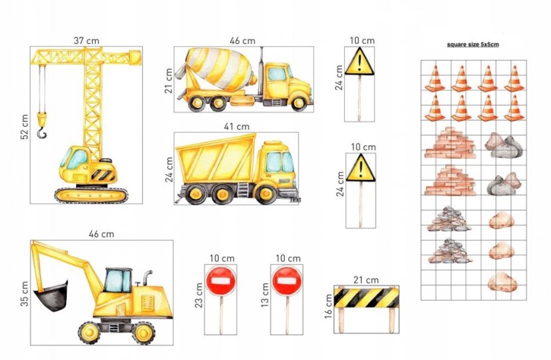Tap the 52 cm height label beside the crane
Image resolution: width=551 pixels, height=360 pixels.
[x=25, y=127]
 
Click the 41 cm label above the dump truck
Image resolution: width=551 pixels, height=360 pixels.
[x=237, y=126]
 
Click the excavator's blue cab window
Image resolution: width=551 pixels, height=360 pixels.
[x=118, y=281]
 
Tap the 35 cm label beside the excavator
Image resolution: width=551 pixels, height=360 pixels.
[x=24, y=293]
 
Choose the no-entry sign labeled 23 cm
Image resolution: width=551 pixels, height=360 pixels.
[x=221, y=281]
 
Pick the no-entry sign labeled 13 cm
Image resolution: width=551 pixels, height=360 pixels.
[x=286, y=281]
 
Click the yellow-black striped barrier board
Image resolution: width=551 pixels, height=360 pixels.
[x=366, y=298]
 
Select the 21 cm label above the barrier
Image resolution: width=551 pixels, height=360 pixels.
[x=366, y=280]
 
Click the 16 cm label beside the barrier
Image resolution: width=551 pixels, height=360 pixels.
[x=328, y=306]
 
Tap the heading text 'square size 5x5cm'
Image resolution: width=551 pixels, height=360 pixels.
[x=473, y=45]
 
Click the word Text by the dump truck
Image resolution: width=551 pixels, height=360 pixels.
[x=295, y=199]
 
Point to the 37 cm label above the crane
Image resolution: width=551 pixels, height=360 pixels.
[x=87, y=41]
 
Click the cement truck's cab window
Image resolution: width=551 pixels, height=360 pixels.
[x=278, y=74]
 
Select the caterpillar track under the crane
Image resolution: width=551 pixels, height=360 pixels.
[x=91, y=195]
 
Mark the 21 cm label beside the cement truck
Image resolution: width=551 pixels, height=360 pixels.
[x=169, y=81]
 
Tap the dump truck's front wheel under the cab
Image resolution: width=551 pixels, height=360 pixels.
[x=265, y=193]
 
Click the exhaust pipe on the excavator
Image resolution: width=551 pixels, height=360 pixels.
[x=147, y=277]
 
